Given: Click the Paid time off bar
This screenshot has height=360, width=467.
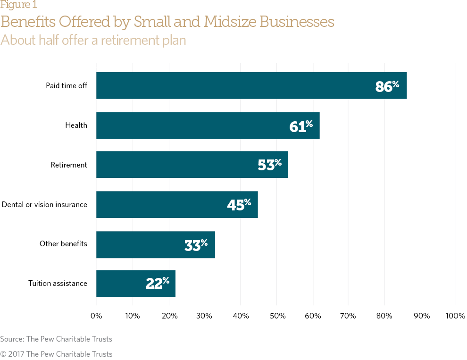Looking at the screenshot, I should coord(251,85).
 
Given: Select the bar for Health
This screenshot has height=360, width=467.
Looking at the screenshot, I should coord(208,126).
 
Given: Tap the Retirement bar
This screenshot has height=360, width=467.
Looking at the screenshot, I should coord(192,165).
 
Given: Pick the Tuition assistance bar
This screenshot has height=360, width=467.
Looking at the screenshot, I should coord(135,283).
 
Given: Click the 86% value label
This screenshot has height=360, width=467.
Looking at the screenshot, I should coord(387,86).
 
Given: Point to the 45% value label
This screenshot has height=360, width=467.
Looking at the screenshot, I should coord(239,204).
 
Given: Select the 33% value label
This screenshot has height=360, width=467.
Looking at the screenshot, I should coord(196,244).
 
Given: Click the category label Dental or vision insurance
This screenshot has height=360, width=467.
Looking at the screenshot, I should coord(44,205).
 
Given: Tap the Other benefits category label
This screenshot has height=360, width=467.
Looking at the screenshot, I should coord(63,244).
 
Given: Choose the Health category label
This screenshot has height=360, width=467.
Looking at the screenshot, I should coord(76,126).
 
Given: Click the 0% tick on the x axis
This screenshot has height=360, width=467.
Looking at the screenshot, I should coord(96,316).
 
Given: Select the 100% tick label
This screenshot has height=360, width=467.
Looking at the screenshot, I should coord(455,316).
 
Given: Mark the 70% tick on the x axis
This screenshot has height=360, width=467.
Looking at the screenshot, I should coord(348,316).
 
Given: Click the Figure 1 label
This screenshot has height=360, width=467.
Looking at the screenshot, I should coord(19,5).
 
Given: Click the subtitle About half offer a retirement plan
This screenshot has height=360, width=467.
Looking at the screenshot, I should coord(93,40).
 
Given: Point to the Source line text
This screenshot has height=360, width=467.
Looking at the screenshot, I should coord(56,339).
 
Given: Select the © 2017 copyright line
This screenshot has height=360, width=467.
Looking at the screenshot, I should coord(56,354).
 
